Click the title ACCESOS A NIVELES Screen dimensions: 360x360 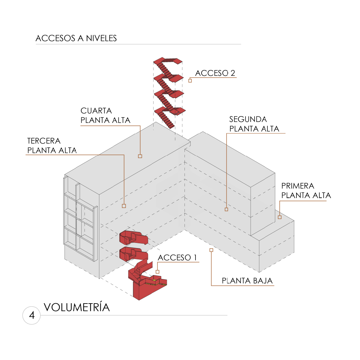click(x=76, y=38)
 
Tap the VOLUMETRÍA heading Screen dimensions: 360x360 click(x=77, y=307)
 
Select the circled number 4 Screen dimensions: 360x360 click(x=32, y=315)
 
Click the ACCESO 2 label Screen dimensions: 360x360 click(x=215, y=73)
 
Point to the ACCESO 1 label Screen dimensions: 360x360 click(x=177, y=258)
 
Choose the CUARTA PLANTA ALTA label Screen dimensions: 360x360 click(x=105, y=115)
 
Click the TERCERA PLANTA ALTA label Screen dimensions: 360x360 click(x=52, y=145)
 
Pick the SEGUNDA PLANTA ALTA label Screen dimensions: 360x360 click(x=254, y=124)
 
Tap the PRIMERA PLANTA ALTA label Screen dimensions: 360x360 click(x=306, y=191)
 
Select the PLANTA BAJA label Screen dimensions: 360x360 click(x=247, y=281)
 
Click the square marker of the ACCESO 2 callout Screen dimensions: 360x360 click(x=190, y=81)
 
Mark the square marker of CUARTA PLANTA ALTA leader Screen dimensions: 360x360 click(x=140, y=156)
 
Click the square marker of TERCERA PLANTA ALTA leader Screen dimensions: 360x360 click(x=124, y=206)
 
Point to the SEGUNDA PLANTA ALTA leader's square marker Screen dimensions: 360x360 click(x=226, y=209)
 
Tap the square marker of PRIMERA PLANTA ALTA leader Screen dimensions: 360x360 click(x=280, y=217)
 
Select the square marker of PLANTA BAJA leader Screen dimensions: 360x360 click(x=211, y=250)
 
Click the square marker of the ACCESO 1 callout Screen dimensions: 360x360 click(x=157, y=272)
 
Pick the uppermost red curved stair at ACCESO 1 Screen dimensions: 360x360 click(x=133, y=237)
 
